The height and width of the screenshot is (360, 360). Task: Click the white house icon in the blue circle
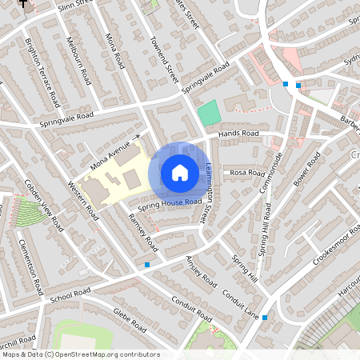tap(180, 173)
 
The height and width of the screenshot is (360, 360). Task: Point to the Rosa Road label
tap(246, 173)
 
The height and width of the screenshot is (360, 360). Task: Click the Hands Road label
tap(238, 133)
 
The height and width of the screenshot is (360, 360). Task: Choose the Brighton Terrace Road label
tap(44, 72)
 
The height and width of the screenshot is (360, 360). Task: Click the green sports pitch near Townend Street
tap(208, 112)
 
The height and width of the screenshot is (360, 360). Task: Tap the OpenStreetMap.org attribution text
tap(80, 354)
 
